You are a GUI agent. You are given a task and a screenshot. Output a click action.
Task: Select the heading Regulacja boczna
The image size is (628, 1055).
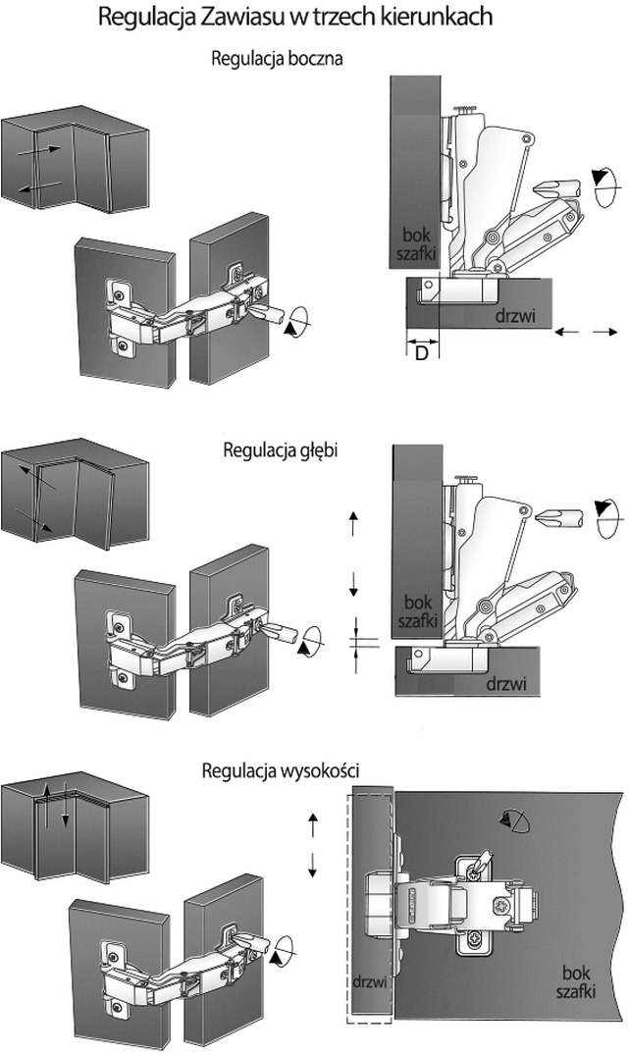(276, 59)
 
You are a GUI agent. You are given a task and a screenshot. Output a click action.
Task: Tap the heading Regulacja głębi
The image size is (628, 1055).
(281, 451)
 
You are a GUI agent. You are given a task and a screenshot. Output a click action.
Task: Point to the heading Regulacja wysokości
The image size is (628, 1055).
(280, 770)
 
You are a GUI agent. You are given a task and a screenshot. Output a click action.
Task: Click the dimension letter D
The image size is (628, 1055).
(421, 352)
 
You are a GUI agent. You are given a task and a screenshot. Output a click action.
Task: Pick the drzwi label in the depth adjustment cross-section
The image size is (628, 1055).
(505, 680)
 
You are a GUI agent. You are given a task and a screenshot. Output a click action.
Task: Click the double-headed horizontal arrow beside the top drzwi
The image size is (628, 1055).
(586, 334)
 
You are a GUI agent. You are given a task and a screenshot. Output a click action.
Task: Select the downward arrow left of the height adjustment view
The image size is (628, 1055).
(313, 865)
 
